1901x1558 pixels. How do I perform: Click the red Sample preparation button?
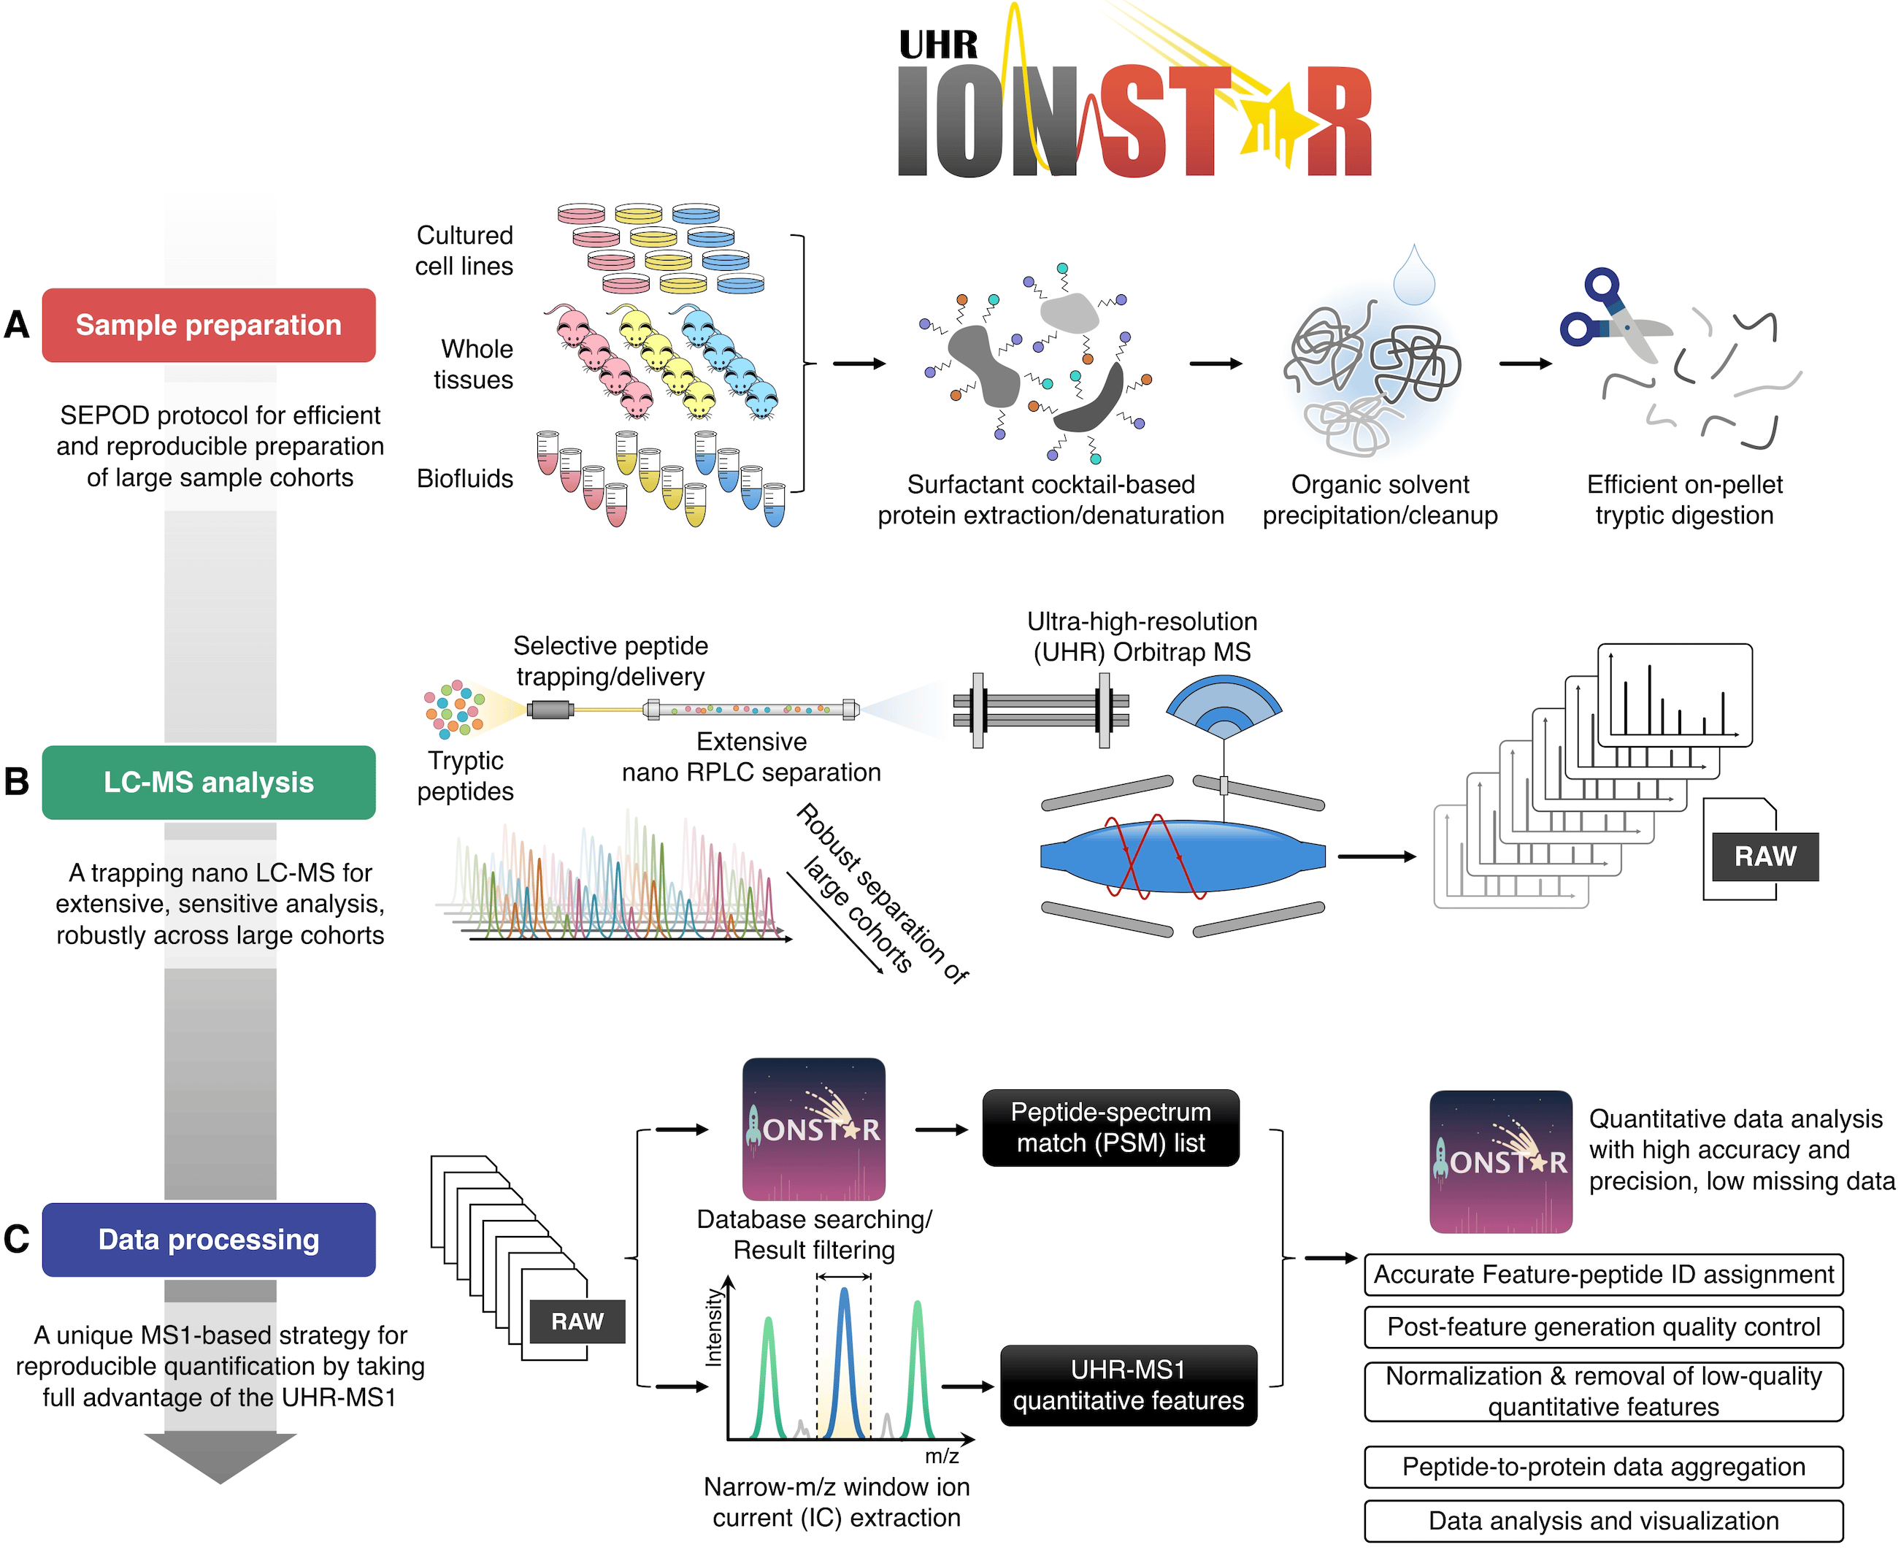(x=208, y=325)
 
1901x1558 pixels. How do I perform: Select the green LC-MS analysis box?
(x=208, y=782)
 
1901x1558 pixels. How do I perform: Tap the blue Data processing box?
(x=208, y=1240)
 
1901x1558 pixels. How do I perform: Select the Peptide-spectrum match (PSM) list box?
(x=1110, y=1127)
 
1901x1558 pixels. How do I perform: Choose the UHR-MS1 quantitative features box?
(x=1128, y=1385)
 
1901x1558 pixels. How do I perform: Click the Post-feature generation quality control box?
(x=1603, y=1327)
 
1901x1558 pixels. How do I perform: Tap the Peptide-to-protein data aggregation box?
(x=1603, y=1467)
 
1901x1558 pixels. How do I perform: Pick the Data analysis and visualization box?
(x=1603, y=1520)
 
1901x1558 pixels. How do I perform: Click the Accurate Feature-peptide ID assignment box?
(x=1603, y=1275)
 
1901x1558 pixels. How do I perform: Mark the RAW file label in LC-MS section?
(x=1764, y=856)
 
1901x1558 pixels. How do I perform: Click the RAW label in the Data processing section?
(x=577, y=1321)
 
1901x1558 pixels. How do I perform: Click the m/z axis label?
(x=942, y=1456)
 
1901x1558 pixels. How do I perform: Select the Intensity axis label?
(x=713, y=1327)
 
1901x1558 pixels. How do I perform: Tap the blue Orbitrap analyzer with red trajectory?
(x=1182, y=856)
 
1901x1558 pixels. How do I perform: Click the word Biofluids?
(x=464, y=478)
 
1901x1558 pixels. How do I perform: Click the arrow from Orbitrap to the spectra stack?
(x=1376, y=856)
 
